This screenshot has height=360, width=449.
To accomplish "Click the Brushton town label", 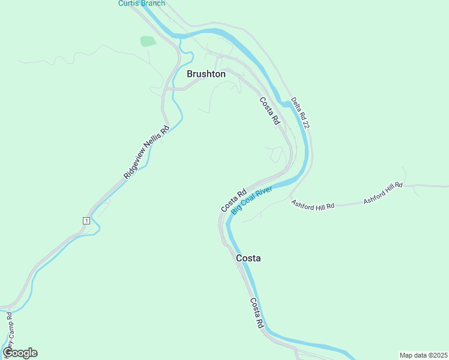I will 206,74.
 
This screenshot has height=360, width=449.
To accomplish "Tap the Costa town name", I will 248,258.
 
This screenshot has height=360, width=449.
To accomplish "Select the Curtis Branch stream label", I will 141,4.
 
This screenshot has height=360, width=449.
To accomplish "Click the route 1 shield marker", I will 86,221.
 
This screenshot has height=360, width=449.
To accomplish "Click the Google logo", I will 20,353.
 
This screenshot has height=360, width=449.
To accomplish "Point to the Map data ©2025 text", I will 423,355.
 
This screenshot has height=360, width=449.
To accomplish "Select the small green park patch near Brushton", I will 148,41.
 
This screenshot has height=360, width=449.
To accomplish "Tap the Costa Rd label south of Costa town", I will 257,313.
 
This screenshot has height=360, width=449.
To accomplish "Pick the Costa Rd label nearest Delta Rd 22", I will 270,111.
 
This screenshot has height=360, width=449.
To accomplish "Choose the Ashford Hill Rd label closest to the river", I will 313,205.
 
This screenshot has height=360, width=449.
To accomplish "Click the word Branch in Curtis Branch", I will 152,4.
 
